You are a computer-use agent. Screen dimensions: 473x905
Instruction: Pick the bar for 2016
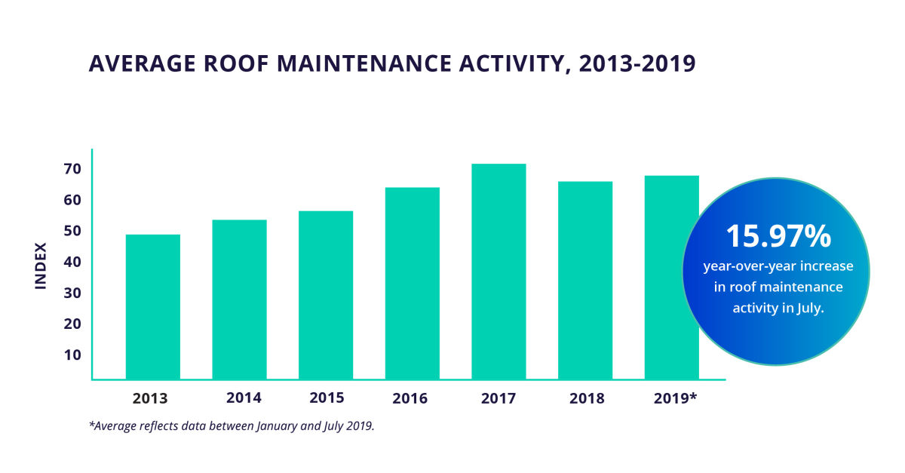tap(412, 283)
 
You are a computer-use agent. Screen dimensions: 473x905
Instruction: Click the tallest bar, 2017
tap(499, 271)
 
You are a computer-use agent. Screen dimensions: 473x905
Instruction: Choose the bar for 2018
tap(585, 280)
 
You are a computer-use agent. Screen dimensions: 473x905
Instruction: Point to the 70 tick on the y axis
tap(72, 169)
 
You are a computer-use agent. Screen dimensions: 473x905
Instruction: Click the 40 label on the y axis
tap(72, 262)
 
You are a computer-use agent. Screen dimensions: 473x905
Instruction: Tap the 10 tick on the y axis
tap(72, 355)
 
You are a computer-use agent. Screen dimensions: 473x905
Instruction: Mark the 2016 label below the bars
tap(412, 398)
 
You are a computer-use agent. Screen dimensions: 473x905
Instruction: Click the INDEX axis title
tap(41, 265)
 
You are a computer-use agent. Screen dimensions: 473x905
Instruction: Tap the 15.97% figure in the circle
tap(778, 236)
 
